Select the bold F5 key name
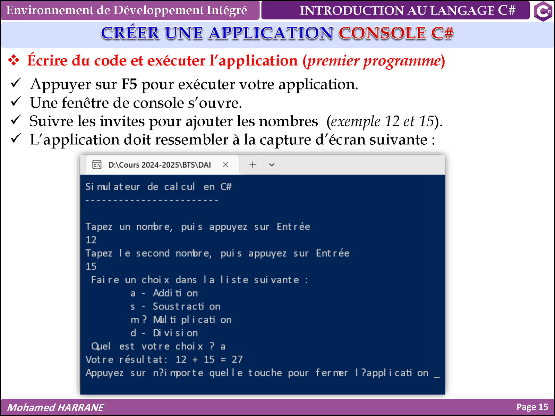[x=129, y=84]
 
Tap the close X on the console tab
[x=225, y=164]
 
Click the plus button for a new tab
[x=252, y=164]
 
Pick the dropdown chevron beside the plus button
[x=272, y=165]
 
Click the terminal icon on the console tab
[x=97, y=164]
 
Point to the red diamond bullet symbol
[x=14, y=60]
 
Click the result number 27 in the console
[x=237, y=359]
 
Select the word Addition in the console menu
[x=175, y=293]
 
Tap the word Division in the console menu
[x=175, y=333]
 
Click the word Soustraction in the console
[x=186, y=306]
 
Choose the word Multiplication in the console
[x=192, y=320]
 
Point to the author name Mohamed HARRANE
[x=55, y=407]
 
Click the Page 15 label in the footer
[x=532, y=407]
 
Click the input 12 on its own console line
[x=91, y=240]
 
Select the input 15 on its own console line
[x=91, y=266]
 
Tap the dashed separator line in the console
[x=152, y=200]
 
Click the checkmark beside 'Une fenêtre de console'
[x=16, y=101]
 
